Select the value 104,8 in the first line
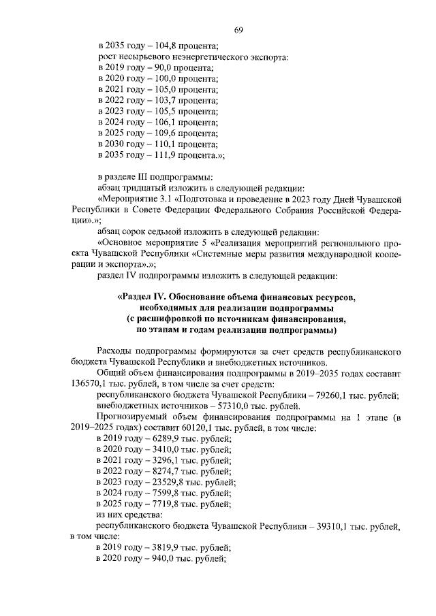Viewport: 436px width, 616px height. (165, 46)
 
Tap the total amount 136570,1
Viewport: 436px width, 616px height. (89, 384)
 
